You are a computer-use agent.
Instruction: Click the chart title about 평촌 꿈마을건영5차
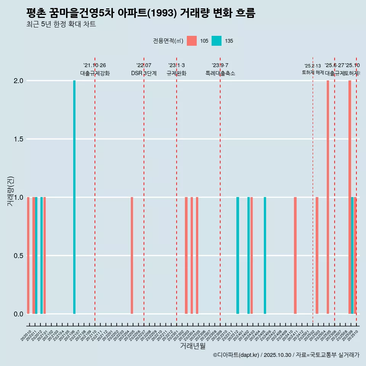(141, 13)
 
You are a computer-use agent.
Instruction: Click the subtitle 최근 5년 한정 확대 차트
(61, 25)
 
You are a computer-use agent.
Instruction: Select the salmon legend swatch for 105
(192, 41)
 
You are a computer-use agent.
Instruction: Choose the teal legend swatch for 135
(217, 41)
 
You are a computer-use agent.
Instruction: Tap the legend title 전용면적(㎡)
(168, 41)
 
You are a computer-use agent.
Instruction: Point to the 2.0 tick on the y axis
(19, 81)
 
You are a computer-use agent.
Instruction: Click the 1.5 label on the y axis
(19, 139)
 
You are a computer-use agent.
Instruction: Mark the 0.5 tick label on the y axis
(19, 256)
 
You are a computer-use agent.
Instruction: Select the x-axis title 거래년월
(193, 346)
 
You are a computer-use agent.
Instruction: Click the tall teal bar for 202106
(74, 197)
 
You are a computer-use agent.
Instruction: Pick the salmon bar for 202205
(132, 255)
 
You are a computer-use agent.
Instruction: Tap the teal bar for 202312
(238, 255)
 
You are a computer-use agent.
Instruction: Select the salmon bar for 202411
(295, 255)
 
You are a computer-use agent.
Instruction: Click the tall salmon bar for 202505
(327, 197)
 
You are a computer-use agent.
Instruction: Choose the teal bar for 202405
(265, 255)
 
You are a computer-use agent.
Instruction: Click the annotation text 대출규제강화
(95, 73)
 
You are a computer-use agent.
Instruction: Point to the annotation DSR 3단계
(144, 73)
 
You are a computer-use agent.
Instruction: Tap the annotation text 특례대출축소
(220, 73)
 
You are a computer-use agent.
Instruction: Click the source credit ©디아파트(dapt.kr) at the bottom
(286, 355)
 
